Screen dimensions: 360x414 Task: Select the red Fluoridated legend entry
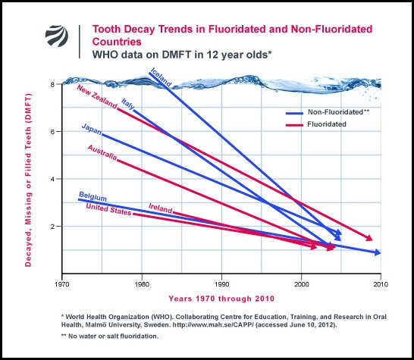click(x=327, y=124)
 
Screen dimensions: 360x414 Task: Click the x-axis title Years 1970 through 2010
click(x=221, y=297)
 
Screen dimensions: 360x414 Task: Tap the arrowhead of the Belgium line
click(x=377, y=252)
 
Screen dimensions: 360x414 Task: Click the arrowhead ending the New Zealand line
click(x=369, y=239)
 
